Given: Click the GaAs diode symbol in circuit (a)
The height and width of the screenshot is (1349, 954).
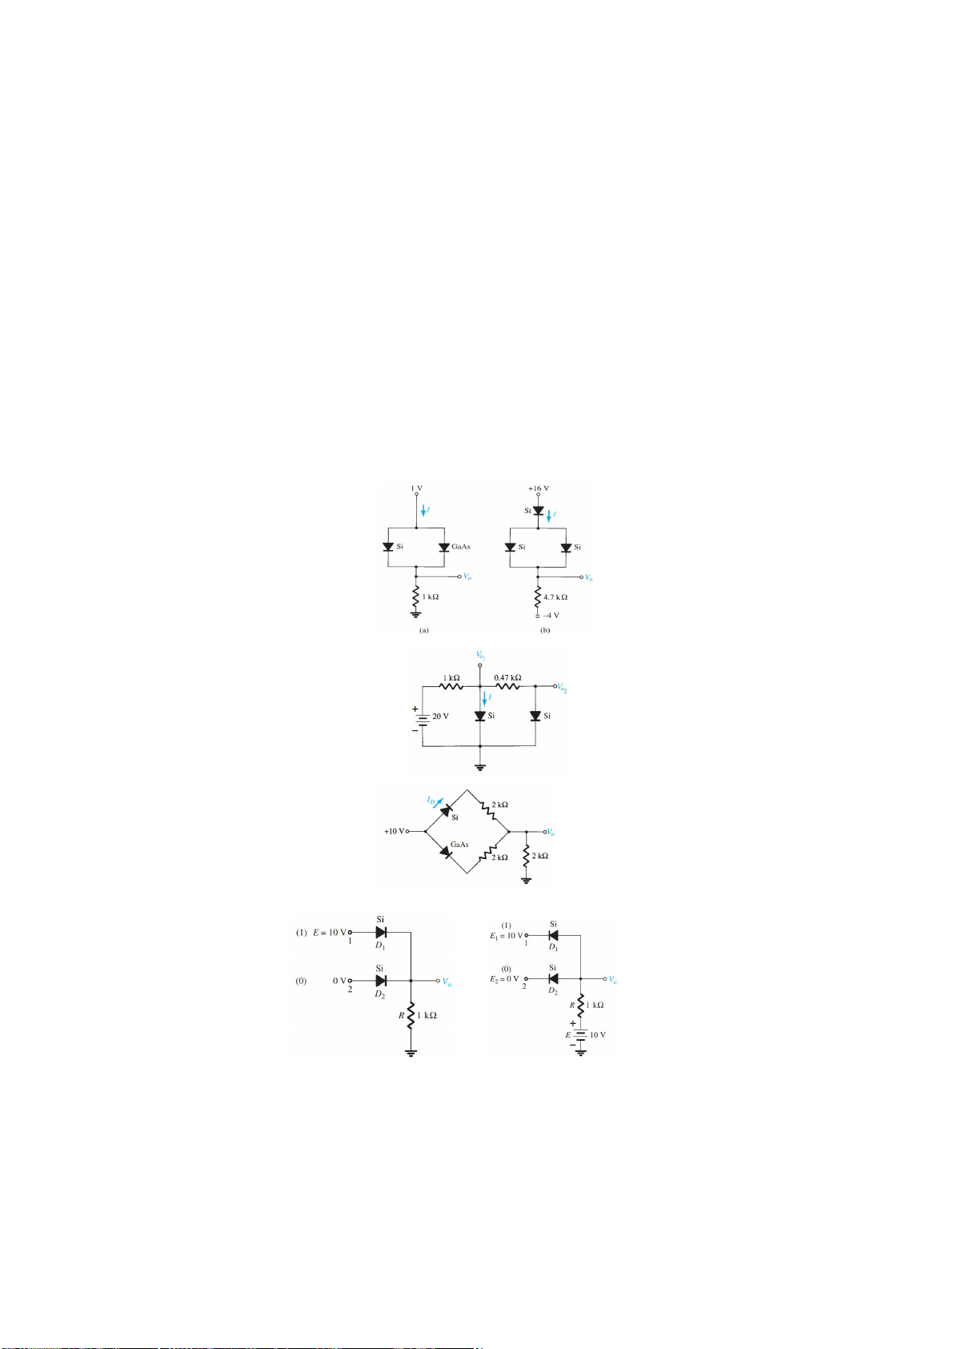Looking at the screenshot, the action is click(444, 548).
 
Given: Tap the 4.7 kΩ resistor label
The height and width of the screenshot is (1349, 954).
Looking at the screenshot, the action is click(555, 596).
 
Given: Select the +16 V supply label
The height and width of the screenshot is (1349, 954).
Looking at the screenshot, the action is click(538, 488).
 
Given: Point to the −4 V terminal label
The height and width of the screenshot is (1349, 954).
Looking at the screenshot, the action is click(551, 616).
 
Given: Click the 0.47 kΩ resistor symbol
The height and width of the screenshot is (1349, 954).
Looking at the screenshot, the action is click(507, 686).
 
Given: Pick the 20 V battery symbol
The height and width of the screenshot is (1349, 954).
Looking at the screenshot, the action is click(423, 719).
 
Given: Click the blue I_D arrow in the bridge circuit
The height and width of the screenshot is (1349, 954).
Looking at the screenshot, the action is click(439, 803).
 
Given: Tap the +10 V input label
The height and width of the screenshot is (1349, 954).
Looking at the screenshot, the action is click(395, 831).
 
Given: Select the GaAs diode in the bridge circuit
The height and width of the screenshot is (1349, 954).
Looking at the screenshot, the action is click(446, 852).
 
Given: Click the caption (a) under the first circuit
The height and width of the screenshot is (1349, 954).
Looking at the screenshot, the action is click(423, 630).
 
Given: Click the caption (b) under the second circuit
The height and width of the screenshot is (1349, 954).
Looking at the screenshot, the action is click(545, 630).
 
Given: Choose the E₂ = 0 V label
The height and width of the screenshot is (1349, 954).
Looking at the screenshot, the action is click(503, 979).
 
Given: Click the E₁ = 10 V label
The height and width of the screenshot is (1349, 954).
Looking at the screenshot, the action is click(506, 936).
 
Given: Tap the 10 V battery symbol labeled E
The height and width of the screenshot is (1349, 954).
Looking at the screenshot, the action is click(581, 1034).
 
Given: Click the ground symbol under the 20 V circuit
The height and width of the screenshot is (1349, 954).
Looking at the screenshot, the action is click(479, 767).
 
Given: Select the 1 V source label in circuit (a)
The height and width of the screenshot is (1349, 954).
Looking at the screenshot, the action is click(416, 488).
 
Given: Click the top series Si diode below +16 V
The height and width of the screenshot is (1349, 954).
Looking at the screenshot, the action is click(538, 511).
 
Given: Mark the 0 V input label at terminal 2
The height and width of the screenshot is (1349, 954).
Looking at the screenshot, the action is click(339, 981).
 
